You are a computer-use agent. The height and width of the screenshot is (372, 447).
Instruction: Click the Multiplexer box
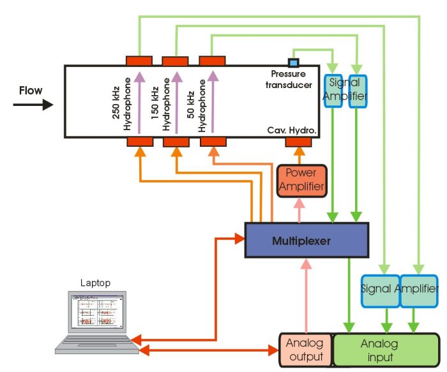pyautogui.click(x=307, y=241)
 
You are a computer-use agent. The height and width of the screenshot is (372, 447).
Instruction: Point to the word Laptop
pyautogui.click(x=95, y=282)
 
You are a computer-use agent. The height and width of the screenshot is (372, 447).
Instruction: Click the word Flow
pyautogui.click(x=31, y=91)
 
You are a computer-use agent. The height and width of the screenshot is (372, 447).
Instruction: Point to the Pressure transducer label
pyautogui.click(x=288, y=80)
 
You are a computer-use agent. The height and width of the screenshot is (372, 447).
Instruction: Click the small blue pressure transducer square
pyautogui.click(x=294, y=62)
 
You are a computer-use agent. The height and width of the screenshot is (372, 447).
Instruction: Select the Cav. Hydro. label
pyautogui.click(x=292, y=130)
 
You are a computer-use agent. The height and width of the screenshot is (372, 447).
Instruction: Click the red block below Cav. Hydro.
pyautogui.click(x=297, y=142)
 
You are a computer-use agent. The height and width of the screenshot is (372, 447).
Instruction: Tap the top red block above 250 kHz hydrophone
pyautogui.click(x=139, y=61)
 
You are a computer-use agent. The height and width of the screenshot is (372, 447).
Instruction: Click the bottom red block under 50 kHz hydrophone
pyautogui.click(x=213, y=142)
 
